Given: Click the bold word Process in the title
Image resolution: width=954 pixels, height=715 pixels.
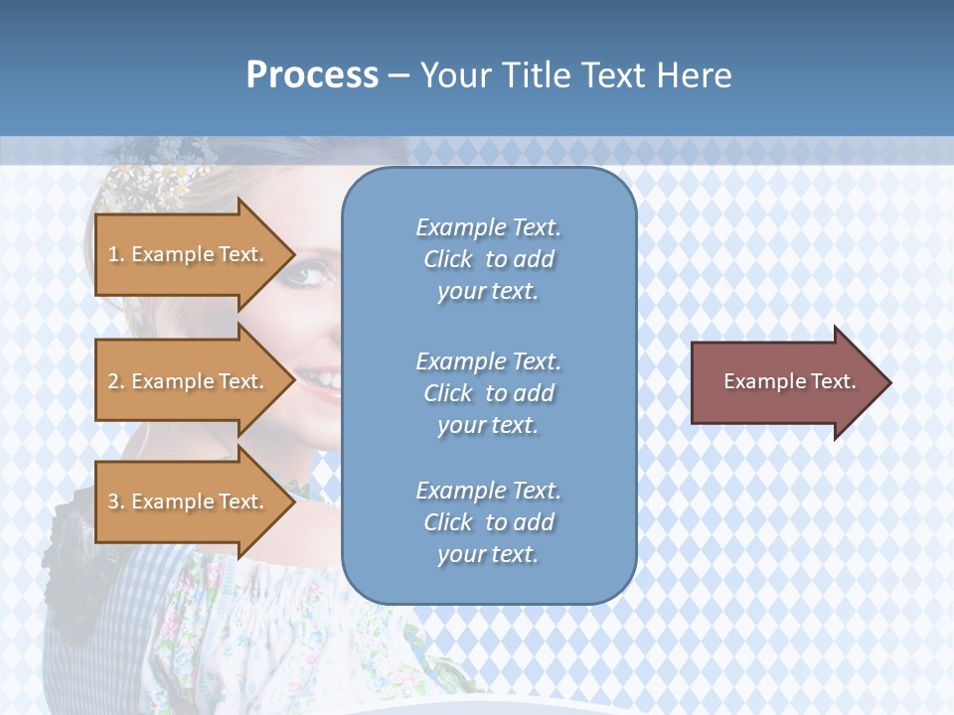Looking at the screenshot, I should pos(312,75).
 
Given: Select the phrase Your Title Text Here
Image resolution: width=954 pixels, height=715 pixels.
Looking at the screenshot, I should pos(575,75).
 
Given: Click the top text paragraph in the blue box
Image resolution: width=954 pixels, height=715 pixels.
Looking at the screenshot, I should pos(488,259).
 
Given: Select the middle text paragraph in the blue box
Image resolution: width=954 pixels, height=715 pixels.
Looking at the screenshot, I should pos(488,393).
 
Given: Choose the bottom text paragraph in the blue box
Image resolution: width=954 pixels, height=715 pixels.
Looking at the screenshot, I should pos(488,522).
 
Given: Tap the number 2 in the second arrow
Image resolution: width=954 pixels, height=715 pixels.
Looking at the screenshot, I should pos(113,381).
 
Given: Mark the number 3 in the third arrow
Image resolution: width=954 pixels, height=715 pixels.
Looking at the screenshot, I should pos(113,501).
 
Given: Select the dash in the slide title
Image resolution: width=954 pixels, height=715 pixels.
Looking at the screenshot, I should pos(398,75).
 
